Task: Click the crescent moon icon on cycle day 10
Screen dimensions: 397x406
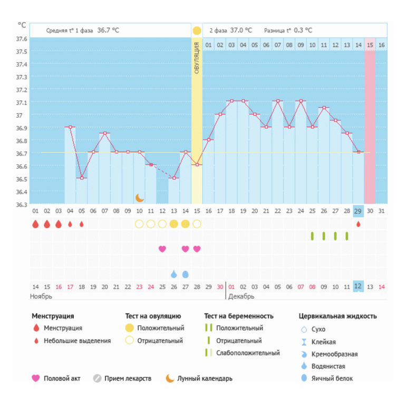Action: coord(140,197)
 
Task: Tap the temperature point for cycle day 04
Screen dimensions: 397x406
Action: coord(70,127)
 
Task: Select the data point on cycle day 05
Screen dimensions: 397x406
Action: coord(82,178)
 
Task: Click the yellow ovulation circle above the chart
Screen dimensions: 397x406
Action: coord(197,31)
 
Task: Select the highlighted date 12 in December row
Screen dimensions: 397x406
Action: coord(359,287)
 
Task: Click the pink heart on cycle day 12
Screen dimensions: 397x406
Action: coord(162,249)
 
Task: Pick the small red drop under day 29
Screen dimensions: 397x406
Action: coord(359,224)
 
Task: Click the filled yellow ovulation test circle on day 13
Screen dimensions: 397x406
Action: coord(174,224)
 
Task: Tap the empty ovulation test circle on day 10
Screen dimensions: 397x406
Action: coord(139,224)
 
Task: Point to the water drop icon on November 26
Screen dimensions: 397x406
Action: coord(174,274)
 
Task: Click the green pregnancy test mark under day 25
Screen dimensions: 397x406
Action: coord(312,236)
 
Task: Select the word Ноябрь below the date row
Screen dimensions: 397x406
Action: coord(41,297)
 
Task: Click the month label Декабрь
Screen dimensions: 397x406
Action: coord(241,297)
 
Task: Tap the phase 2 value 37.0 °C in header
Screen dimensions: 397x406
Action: coord(241,31)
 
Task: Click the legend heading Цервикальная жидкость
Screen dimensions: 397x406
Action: coord(337,316)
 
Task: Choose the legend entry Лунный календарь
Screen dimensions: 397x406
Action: coord(205,379)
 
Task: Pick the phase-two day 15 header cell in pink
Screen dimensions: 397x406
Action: coord(370,45)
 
